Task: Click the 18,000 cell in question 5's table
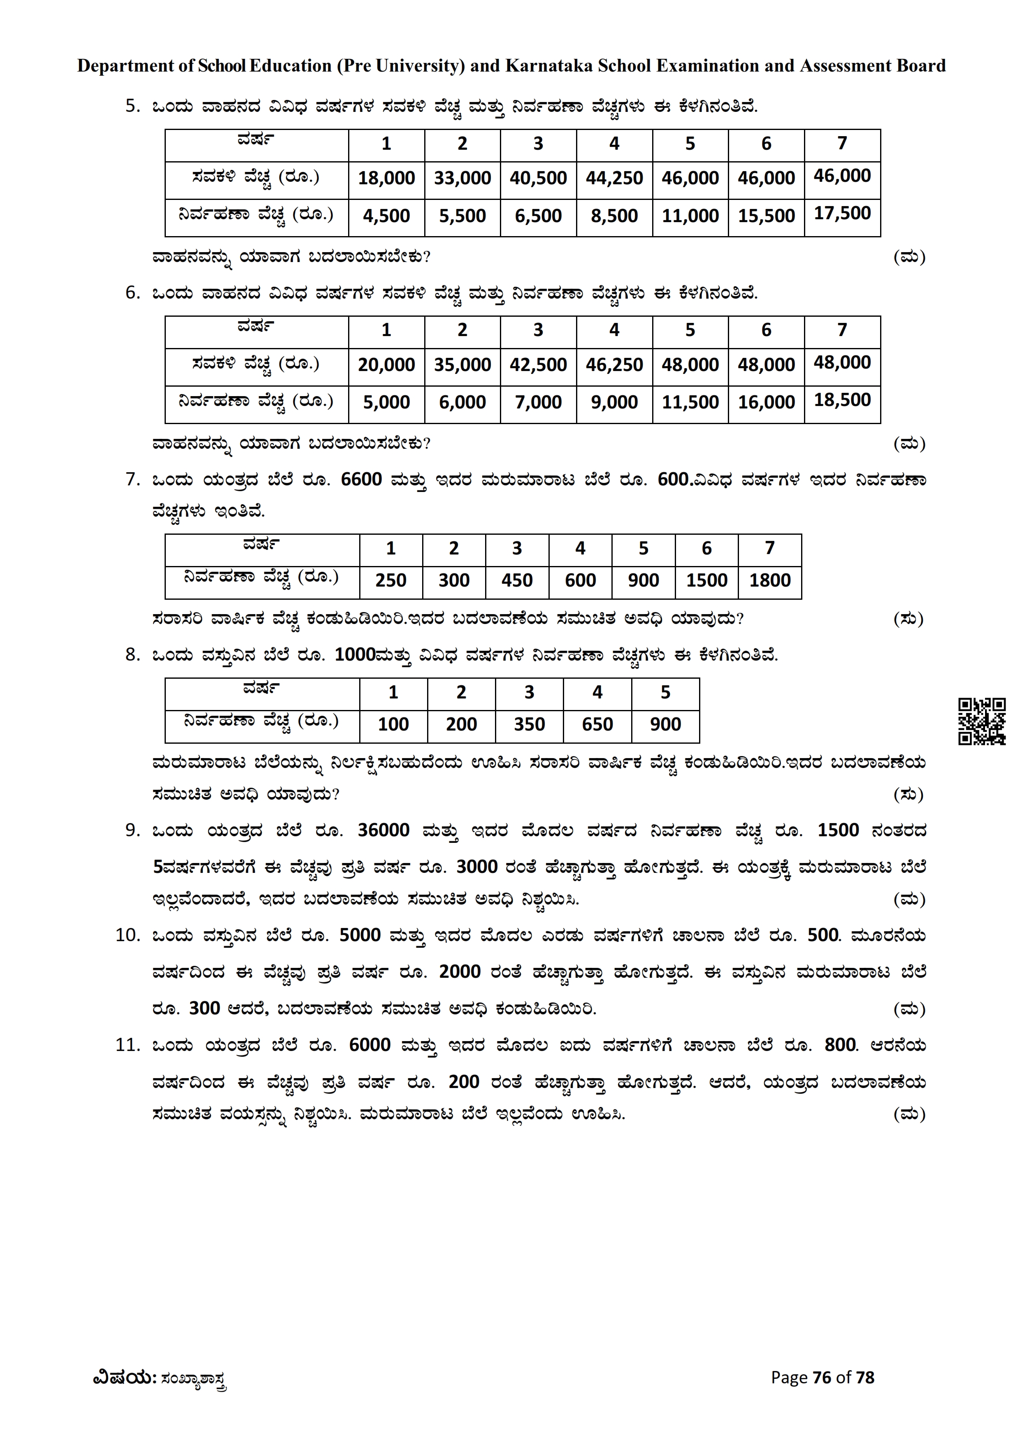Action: click(386, 178)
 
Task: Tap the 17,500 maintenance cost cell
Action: click(842, 213)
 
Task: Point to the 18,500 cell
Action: click(842, 400)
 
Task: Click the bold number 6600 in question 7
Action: click(361, 480)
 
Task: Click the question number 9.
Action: click(132, 831)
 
